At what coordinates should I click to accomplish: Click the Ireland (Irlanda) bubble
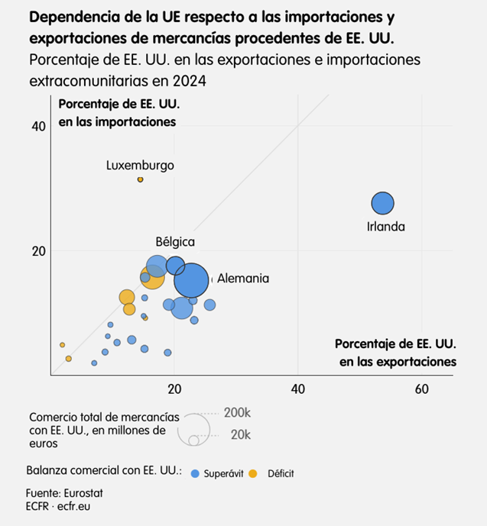(382, 203)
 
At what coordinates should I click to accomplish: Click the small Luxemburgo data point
(140, 179)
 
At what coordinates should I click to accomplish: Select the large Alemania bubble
(191, 280)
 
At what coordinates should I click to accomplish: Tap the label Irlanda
(385, 227)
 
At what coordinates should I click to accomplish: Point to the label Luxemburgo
(140, 166)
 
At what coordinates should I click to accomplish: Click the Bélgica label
(175, 242)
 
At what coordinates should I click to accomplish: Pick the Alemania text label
(243, 279)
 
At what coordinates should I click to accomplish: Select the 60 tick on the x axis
(421, 389)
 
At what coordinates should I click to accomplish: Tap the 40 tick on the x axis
(298, 389)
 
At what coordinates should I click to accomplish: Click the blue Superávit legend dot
(196, 473)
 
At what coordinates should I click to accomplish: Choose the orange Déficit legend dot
(259, 473)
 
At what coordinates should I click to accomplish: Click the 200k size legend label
(237, 413)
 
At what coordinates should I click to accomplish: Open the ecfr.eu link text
(73, 505)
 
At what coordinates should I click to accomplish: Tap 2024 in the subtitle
(192, 81)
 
